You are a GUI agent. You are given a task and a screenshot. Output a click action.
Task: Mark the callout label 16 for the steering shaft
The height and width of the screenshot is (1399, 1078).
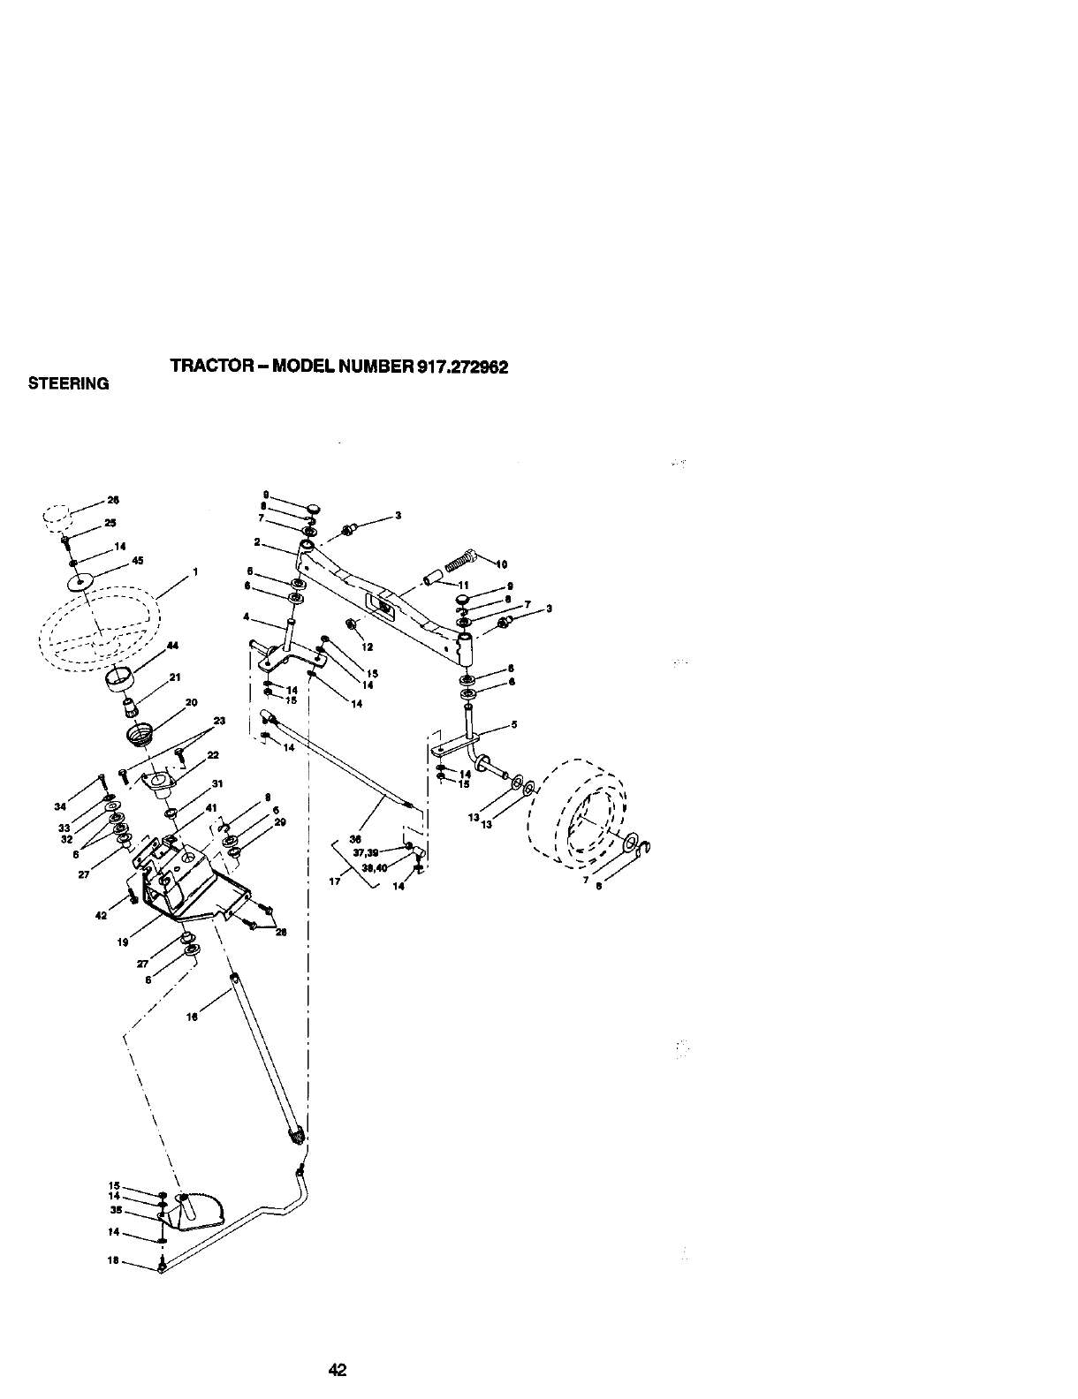191,1017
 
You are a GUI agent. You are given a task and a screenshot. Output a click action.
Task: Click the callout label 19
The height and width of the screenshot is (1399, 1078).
122,942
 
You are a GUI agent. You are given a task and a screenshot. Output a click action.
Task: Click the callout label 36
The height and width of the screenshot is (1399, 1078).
357,839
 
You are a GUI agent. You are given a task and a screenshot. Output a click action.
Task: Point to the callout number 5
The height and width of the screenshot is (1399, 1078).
514,724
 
